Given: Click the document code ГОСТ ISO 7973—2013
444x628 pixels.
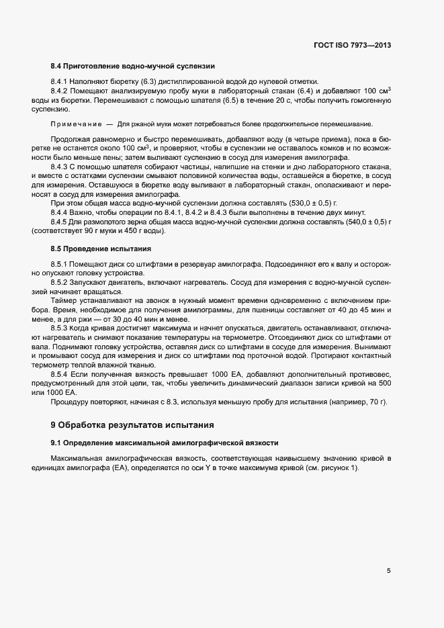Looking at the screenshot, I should (x=352, y=45).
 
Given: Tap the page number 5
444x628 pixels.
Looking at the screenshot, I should (x=388, y=572).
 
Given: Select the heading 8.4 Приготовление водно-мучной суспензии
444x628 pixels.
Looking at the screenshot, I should (x=132, y=66).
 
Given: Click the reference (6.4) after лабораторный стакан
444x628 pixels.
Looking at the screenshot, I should (x=306, y=90).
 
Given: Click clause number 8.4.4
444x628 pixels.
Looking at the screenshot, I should (x=61, y=213).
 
